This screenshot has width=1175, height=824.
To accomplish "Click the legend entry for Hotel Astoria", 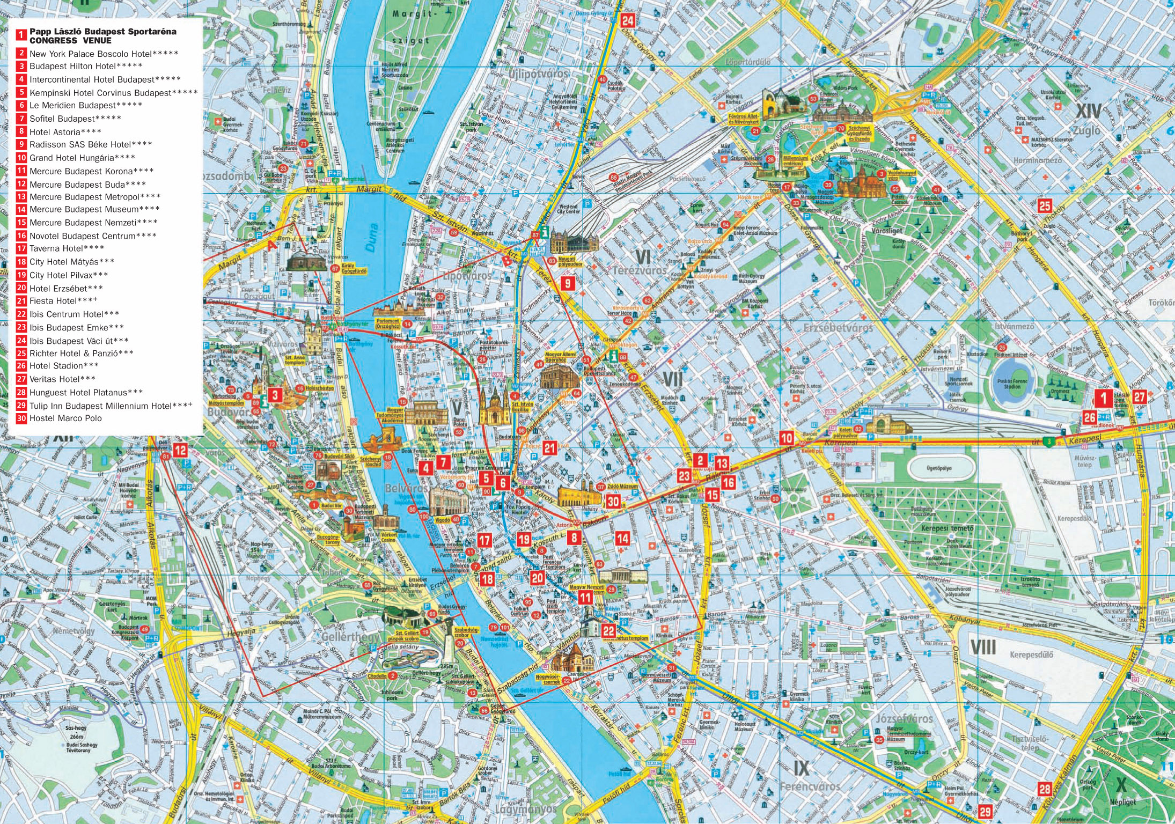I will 65,132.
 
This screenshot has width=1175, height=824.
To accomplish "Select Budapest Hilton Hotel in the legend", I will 86,67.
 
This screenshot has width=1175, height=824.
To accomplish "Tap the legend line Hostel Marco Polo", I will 65,418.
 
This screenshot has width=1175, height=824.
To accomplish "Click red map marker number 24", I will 627,21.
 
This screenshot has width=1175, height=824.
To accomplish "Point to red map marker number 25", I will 1044,206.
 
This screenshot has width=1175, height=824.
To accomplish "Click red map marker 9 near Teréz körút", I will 567,283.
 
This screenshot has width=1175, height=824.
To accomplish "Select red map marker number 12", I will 180,450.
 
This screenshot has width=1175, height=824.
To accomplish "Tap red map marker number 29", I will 985,812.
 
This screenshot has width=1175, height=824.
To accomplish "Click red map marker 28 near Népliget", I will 1044,789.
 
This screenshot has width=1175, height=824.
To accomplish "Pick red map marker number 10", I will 787,438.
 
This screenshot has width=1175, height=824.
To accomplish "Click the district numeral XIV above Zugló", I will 1089,112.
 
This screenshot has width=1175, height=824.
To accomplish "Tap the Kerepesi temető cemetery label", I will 947,528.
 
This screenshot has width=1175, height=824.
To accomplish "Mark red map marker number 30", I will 613,501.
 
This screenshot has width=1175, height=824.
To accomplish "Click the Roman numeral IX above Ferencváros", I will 801,768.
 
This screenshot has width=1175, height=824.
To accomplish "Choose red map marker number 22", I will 608,631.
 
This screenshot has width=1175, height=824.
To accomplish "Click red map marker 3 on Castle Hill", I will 275,395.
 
